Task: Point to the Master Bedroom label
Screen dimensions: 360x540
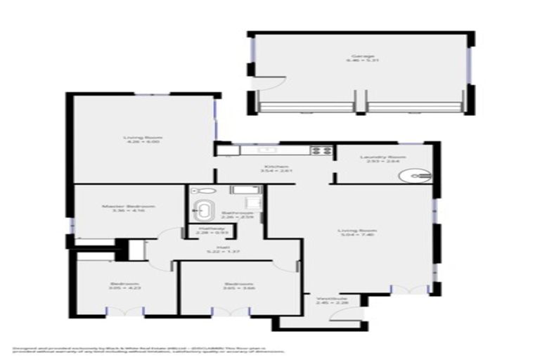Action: pos(128,209)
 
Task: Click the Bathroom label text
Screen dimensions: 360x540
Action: pos(237,215)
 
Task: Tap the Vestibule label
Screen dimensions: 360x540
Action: pos(329,301)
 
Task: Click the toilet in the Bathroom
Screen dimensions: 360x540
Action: pos(198,191)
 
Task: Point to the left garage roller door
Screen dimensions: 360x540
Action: pos(307,107)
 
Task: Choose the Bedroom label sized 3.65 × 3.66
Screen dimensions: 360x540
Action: pos(238,287)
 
